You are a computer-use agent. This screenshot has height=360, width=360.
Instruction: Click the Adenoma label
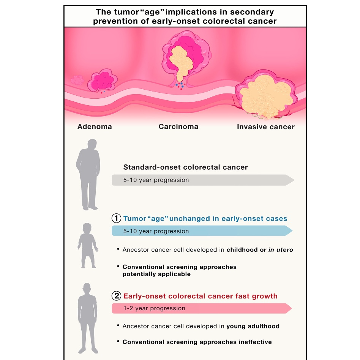pos(95,126)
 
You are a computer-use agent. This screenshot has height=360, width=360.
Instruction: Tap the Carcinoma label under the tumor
pos(178,126)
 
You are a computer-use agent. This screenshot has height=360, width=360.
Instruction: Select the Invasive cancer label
pos(265,127)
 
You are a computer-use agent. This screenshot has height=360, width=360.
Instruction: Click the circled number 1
pos(116,218)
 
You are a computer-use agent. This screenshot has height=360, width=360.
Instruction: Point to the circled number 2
pos(116,296)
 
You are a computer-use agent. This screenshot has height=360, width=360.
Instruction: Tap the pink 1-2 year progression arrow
pos(202,308)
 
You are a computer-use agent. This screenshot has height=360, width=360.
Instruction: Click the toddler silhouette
pos(88,245)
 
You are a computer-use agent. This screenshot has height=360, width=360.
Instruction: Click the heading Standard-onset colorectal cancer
pos(185,167)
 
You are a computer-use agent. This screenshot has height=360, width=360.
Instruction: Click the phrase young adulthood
pos(253,326)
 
